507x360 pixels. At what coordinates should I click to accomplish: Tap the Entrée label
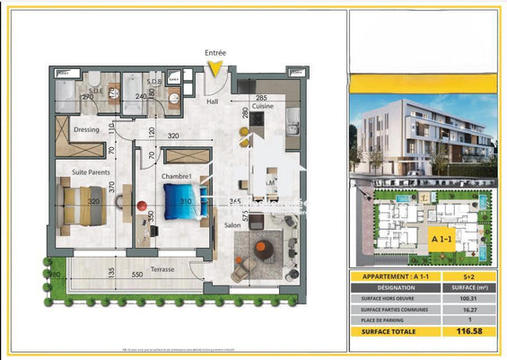[215, 53]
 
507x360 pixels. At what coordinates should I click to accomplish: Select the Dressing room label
[86, 129]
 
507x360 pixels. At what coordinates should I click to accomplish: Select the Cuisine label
[262, 106]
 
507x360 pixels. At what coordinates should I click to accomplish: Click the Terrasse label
[162, 268]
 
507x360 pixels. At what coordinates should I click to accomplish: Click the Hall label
[212, 101]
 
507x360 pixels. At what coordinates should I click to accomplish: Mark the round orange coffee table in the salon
[264, 250]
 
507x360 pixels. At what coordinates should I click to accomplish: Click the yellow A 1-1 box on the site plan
[440, 240]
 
